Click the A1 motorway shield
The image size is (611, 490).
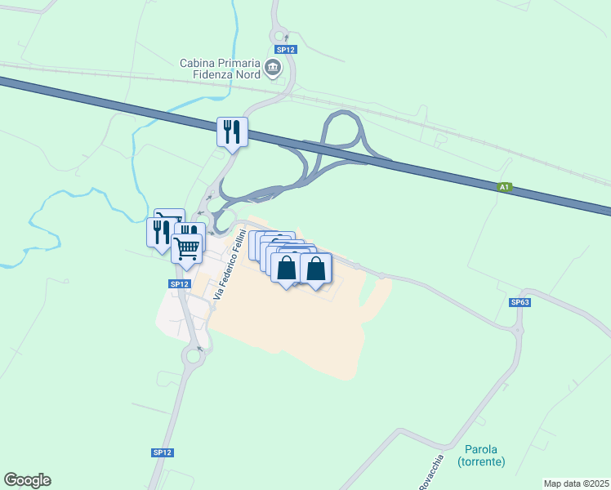[x=505, y=188]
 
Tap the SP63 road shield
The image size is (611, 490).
[x=520, y=302]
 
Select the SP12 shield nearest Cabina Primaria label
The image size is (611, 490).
[x=286, y=50]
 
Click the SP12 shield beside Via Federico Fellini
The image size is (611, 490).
[x=180, y=283]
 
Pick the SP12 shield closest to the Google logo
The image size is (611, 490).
[x=162, y=452]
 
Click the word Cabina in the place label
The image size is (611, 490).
[x=200, y=62]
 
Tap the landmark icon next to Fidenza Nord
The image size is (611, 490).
[x=274, y=70]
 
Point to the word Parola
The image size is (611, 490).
[x=481, y=449]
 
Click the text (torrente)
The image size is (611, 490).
[x=481, y=462]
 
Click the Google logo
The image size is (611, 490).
[x=27, y=480]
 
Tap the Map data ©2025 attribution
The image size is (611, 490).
[x=576, y=483]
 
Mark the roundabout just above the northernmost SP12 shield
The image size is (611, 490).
[x=280, y=35]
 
